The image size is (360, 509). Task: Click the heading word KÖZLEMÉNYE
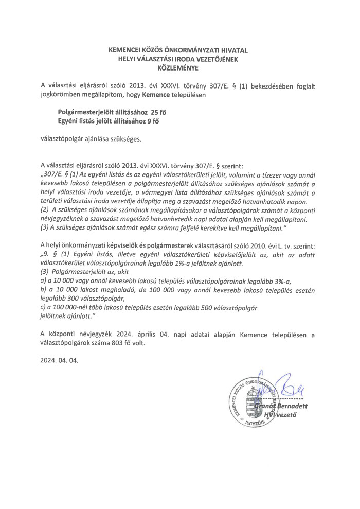[179, 67]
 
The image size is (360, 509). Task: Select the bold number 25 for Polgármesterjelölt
[155, 112]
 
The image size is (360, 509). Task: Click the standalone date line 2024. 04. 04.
[59, 361]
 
